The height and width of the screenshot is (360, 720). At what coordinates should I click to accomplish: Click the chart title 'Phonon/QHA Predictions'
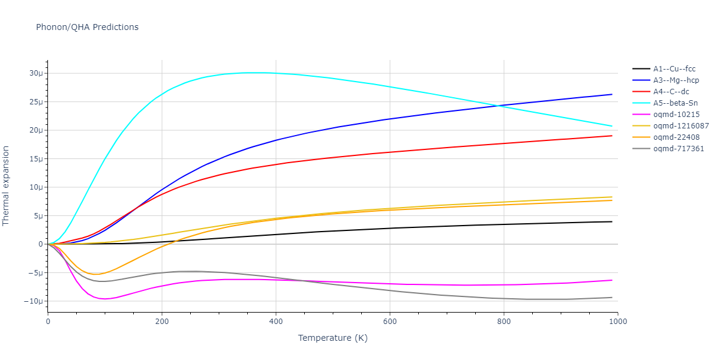point(87,27)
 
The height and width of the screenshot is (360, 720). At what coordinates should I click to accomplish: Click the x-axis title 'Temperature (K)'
point(332,338)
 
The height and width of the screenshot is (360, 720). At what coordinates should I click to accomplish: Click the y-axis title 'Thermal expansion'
point(7,185)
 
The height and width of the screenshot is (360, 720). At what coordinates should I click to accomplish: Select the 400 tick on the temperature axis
point(275,321)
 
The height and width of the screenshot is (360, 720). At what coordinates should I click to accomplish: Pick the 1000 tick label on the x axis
point(617,321)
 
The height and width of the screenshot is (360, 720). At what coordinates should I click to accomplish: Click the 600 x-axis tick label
point(389,321)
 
